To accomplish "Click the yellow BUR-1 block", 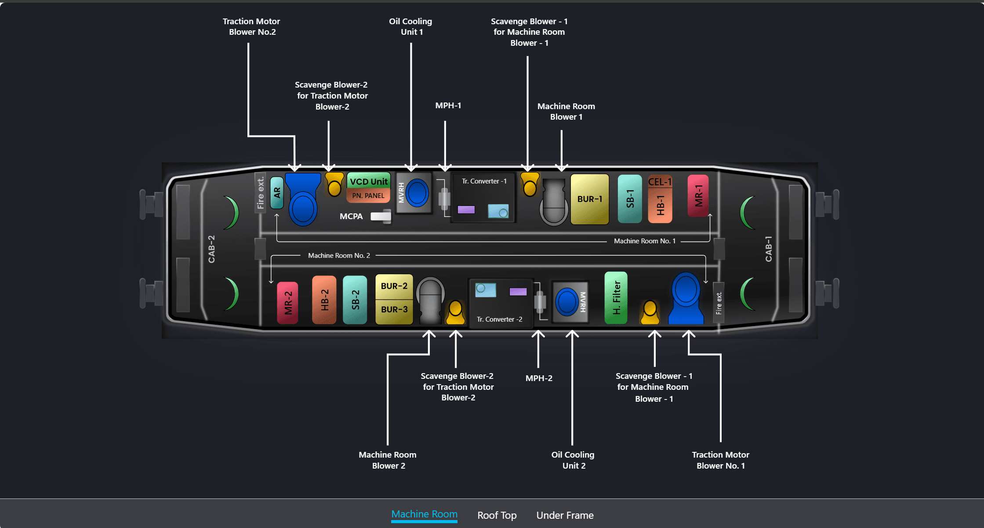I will pyautogui.click(x=589, y=199).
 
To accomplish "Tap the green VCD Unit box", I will pyautogui.click(x=369, y=181).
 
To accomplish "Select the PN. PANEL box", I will pyautogui.click(x=368, y=196).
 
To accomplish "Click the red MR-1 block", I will pyautogui.click(x=698, y=196).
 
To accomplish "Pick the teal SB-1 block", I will pyautogui.click(x=630, y=199).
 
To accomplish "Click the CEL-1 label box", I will pyautogui.click(x=660, y=182).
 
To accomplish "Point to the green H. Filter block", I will pyautogui.click(x=616, y=298).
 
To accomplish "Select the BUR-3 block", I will pyautogui.click(x=394, y=310).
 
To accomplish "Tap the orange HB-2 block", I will pyautogui.click(x=324, y=300).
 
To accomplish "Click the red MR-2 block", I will pyautogui.click(x=287, y=303).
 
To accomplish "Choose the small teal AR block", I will pyautogui.click(x=277, y=193).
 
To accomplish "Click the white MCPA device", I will pyautogui.click(x=381, y=216).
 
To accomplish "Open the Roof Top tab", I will pyautogui.click(x=497, y=515).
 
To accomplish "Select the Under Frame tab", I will pyautogui.click(x=565, y=515).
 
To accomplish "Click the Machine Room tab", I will pyautogui.click(x=424, y=514).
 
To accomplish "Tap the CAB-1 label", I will pyautogui.click(x=768, y=249).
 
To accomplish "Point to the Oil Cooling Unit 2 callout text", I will pyautogui.click(x=573, y=460).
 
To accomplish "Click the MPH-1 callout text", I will pyautogui.click(x=448, y=106).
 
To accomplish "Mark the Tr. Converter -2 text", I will pyautogui.click(x=500, y=319).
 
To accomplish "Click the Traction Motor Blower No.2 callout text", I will pyautogui.click(x=251, y=27).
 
